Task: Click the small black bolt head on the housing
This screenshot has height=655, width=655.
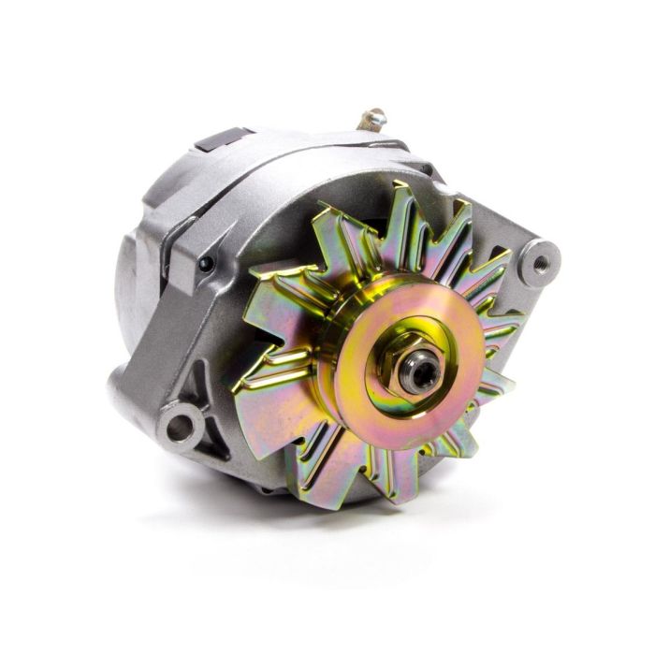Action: pyautogui.click(x=204, y=263)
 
